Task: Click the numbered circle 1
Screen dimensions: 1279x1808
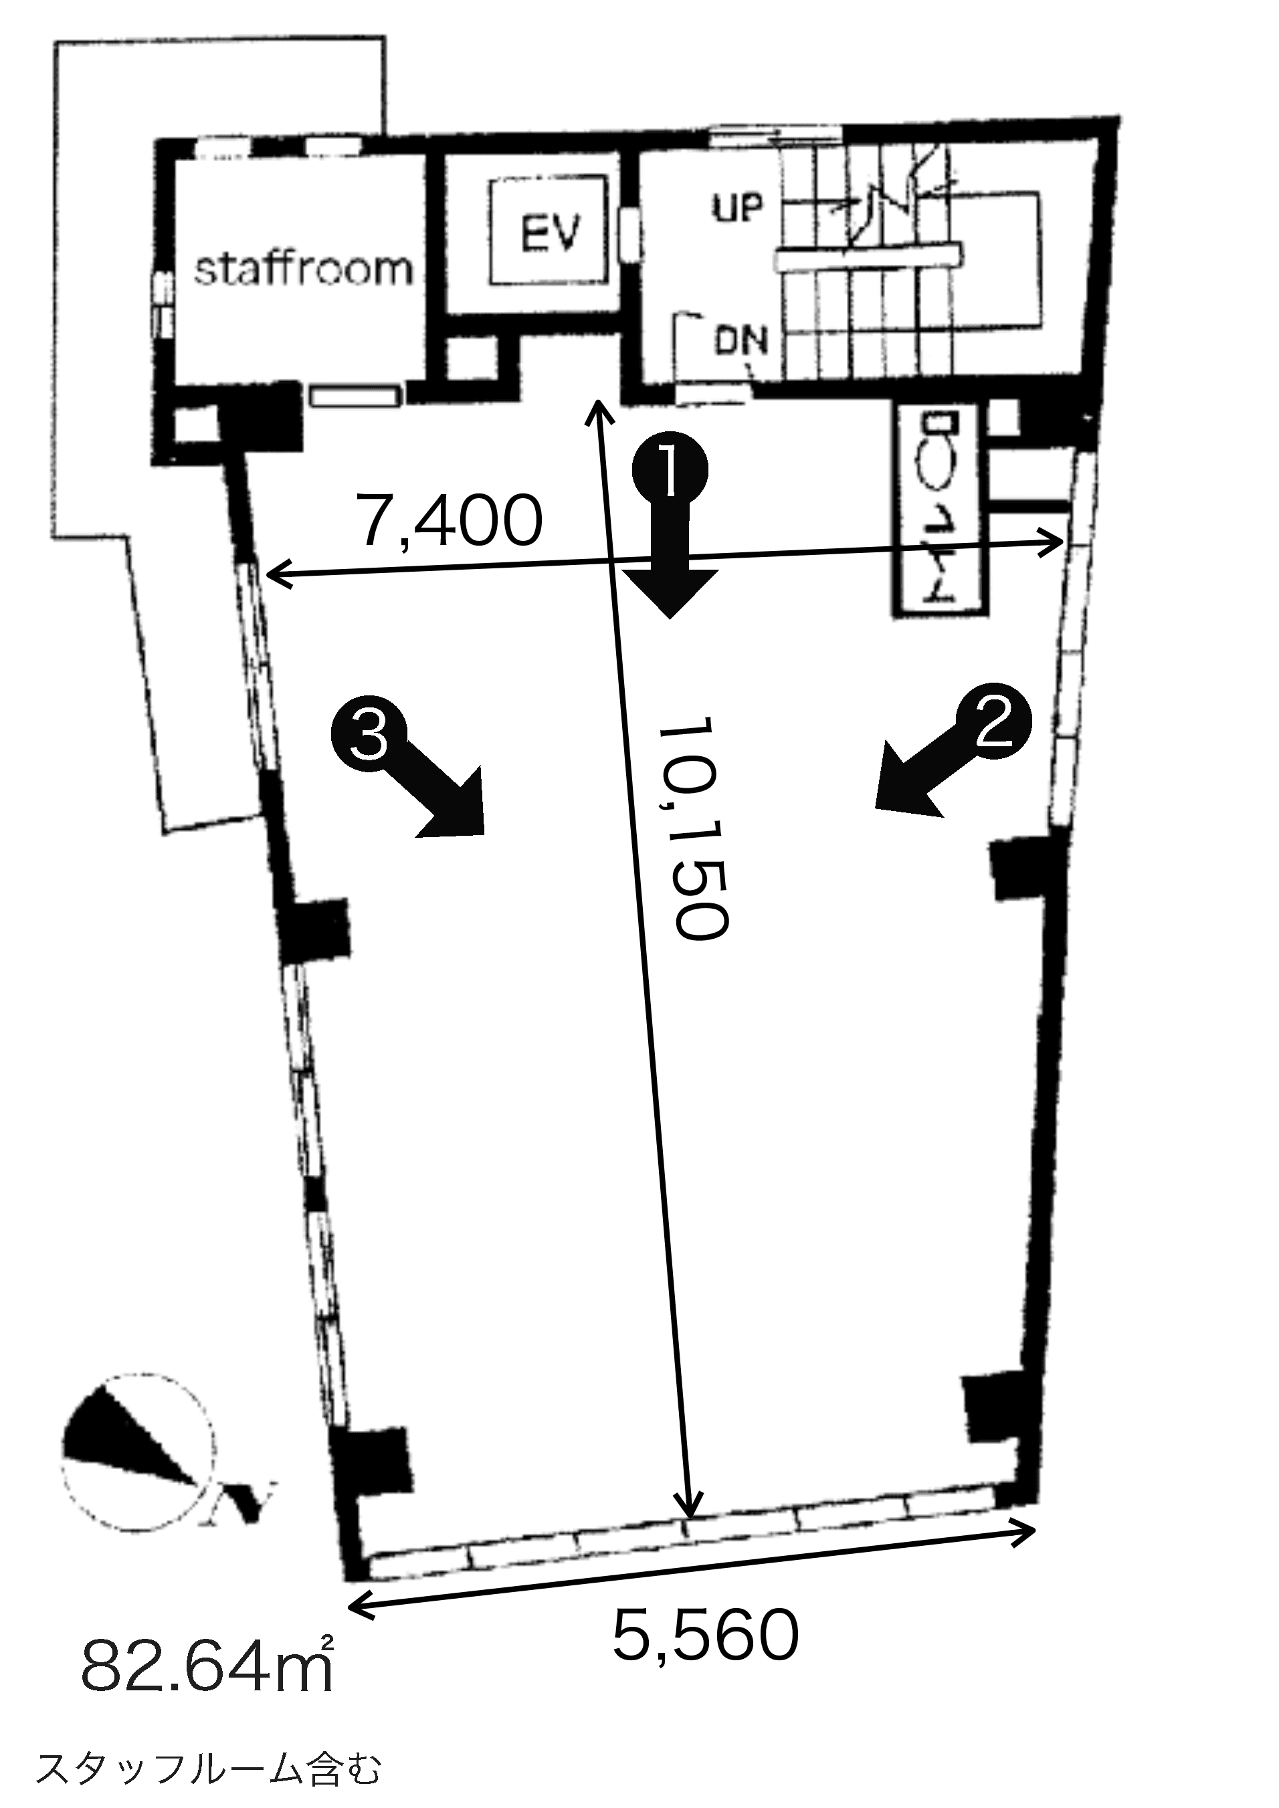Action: (670, 470)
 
